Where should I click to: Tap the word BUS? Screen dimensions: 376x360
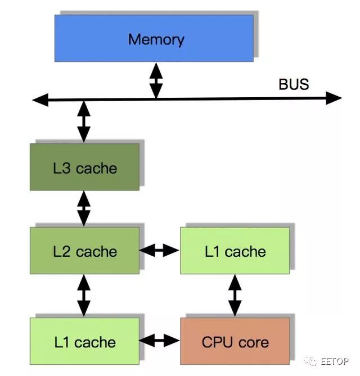click(x=294, y=84)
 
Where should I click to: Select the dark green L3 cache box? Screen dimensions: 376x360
click(x=84, y=167)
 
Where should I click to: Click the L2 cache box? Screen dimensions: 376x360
click(x=84, y=251)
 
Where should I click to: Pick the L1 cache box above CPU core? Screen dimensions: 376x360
click(x=235, y=251)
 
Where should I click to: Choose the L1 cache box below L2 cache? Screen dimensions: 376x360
click(x=84, y=341)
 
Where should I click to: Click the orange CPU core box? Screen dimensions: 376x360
click(x=235, y=341)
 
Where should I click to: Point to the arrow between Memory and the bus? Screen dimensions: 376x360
click(x=156, y=80)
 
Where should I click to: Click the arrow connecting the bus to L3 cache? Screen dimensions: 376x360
click(x=83, y=121)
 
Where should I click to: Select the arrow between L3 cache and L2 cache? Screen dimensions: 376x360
click(x=83, y=209)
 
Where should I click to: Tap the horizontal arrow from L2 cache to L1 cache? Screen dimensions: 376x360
click(x=159, y=250)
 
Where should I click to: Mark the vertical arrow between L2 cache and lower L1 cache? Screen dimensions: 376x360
click(x=83, y=295)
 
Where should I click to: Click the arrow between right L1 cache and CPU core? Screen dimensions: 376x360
click(x=235, y=295)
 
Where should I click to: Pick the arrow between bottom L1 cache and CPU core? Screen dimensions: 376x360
click(x=159, y=340)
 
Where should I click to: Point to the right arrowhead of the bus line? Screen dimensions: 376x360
click(x=334, y=98)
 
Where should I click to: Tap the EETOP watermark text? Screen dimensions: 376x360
click(x=335, y=361)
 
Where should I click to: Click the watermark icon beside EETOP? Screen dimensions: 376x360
click(x=311, y=361)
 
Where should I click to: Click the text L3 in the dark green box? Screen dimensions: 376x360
click(x=62, y=168)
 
